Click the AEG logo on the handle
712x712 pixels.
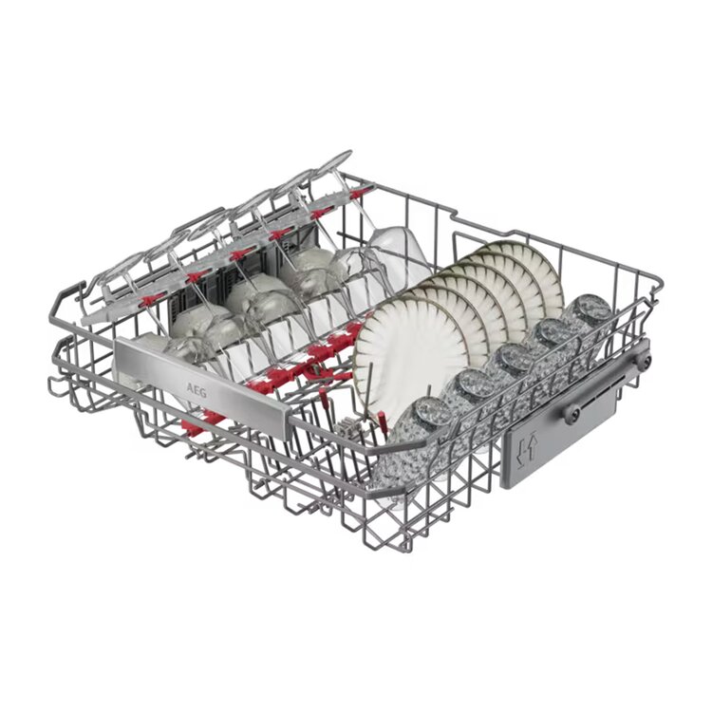[197, 390]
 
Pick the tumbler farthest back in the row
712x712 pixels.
[586, 318]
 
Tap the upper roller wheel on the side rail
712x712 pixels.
[645, 360]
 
